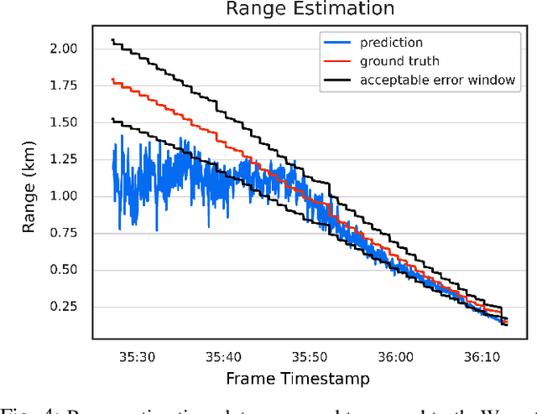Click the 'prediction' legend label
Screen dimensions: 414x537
tap(392, 42)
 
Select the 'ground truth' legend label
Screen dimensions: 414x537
tap(399, 60)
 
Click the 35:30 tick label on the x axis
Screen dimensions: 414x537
tap(137, 357)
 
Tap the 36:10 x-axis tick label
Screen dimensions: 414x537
tap(479, 357)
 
